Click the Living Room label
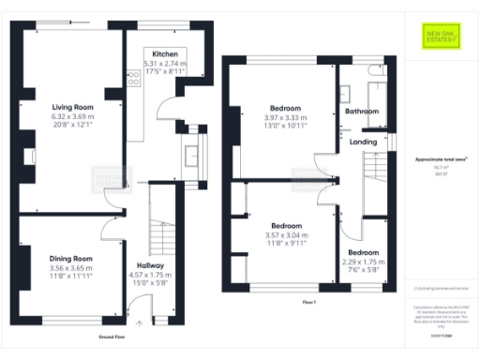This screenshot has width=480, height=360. tap(72, 107)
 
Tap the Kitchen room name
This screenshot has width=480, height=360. tap(165, 55)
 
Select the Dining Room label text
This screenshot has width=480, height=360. tap(72, 258)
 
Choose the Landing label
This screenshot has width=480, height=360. tap(363, 142)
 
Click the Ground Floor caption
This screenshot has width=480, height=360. tap(112, 336)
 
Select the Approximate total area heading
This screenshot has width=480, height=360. tap(440, 159)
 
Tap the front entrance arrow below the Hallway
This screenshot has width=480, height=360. tap(141, 322)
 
